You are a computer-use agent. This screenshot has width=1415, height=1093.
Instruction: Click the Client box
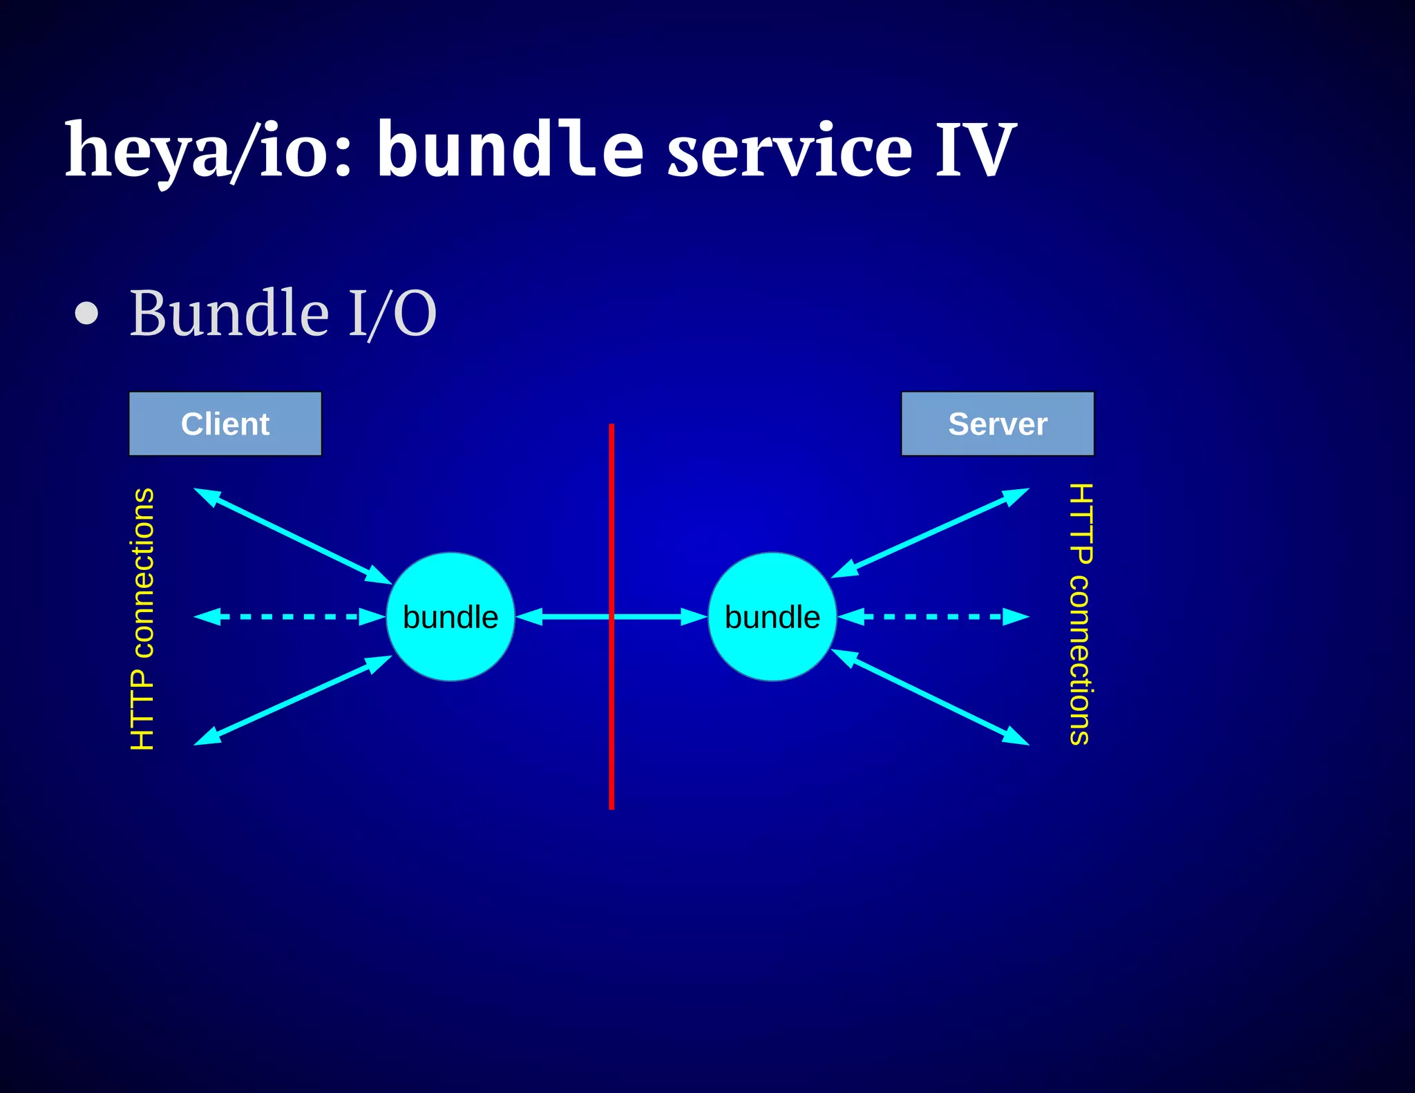(225, 424)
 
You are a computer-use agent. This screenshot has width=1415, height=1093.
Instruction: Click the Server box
(998, 424)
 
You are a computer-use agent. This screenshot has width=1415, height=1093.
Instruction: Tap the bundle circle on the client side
(450, 616)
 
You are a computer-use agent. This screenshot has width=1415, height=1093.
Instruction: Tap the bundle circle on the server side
(772, 616)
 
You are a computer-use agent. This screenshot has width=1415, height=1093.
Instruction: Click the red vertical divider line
(611, 725)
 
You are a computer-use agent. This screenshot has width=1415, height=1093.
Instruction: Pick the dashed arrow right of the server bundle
(933, 616)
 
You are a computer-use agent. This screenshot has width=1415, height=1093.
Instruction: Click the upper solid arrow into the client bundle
(293, 536)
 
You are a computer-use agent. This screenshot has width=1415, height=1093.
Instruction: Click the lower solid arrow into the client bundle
(293, 700)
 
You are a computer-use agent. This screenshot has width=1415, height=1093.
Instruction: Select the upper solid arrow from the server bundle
(930, 533)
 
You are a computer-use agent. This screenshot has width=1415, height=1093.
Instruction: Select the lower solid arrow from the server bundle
(930, 697)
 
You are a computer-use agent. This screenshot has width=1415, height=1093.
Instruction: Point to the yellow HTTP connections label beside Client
(142, 618)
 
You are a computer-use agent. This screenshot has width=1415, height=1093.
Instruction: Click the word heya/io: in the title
(207, 151)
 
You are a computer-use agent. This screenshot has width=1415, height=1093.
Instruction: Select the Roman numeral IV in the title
(975, 151)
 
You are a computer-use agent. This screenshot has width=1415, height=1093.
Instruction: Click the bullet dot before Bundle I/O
(87, 313)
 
